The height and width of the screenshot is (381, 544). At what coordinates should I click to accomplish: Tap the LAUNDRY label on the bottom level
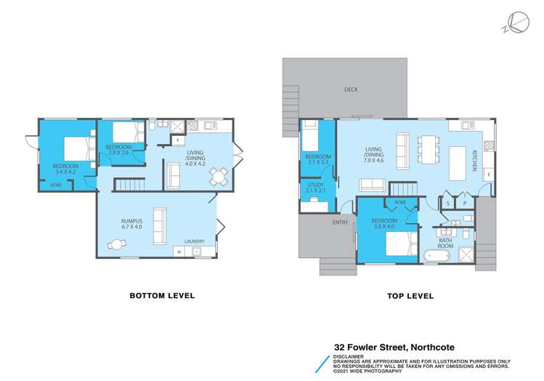tap(194, 241)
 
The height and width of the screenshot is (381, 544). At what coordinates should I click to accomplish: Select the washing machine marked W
tap(179, 252)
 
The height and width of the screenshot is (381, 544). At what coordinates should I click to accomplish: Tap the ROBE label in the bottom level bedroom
tap(56, 185)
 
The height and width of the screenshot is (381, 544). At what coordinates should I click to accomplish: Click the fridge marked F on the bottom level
tap(178, 140)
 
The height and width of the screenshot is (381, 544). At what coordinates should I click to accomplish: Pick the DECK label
tap(352, 90)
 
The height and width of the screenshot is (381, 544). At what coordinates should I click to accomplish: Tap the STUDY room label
tap(317, 185)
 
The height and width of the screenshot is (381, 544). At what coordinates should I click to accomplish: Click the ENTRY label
tap(340, 222)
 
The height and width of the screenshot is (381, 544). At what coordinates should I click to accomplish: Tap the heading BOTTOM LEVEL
tap(162, 296)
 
